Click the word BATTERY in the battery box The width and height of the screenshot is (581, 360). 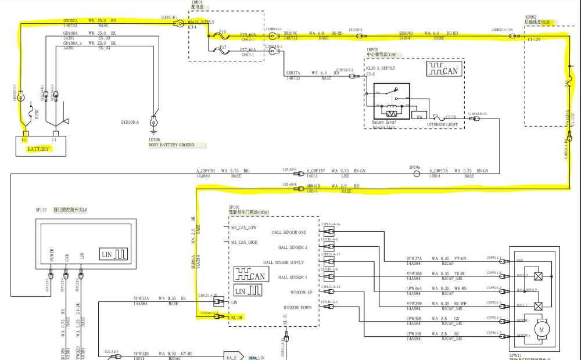38,149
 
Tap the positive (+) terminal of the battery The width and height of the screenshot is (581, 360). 25,139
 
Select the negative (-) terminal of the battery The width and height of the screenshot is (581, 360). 54,139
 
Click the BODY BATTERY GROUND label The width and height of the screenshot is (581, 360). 171,145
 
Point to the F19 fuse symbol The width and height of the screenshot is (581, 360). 223,36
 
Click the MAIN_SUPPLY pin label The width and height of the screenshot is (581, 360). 202,22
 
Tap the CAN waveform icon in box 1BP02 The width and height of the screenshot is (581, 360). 444,70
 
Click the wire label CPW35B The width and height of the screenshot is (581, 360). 414,318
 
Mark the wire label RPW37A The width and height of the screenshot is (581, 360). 414,259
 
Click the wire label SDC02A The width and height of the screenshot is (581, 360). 70,20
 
